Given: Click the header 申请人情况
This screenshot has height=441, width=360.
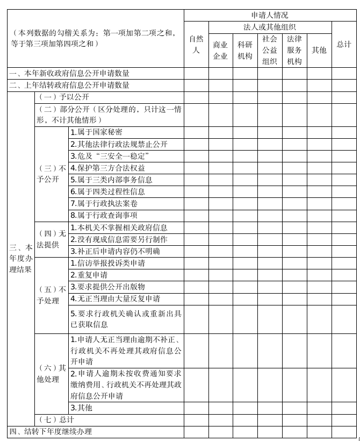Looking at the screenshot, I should point(270,15).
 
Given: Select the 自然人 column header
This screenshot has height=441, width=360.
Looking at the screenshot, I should point(196,44).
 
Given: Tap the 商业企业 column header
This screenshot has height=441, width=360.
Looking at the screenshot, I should point(220,50).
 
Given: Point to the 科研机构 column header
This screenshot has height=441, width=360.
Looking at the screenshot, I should point(245,50).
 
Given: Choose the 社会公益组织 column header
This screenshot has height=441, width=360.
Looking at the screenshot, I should point(270,50).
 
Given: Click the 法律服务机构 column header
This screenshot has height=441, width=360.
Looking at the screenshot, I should point(294,50).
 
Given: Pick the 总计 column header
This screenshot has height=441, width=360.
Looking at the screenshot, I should point(344,44).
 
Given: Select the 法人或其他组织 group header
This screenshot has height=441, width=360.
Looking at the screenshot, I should point(270,27).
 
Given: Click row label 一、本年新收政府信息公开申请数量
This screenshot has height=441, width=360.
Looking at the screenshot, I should point(69,73).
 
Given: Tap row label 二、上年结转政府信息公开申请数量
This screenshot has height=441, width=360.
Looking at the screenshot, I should point(69,85).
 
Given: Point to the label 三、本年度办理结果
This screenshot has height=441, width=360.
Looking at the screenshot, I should point(20,259).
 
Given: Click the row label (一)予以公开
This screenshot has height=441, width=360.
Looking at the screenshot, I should point(63,97).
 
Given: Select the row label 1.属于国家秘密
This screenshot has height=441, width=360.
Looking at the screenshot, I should point(97,132).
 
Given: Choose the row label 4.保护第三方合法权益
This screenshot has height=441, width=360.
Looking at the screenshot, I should point(107,168).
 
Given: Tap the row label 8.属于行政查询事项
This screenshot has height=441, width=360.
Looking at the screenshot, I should point(104,215).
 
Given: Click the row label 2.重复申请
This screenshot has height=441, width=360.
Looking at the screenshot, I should point(89,275).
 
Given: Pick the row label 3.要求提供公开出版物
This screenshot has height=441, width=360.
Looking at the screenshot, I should point(107,287).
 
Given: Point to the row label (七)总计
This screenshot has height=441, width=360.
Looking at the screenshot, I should point(56,419).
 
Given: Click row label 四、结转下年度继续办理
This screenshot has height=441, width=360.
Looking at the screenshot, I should point(51,431).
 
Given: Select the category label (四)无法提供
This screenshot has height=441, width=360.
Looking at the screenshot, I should point(52,239).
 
